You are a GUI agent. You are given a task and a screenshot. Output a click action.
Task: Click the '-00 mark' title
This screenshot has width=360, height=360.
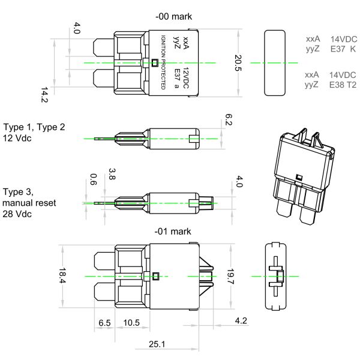point(173,17)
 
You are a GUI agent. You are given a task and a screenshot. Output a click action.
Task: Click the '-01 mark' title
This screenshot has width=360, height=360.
point(173,232)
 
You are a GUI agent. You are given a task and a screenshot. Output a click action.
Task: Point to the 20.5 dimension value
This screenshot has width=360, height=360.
point(238,63)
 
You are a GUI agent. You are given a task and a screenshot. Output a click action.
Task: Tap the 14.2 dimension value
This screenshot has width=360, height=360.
point(44,95)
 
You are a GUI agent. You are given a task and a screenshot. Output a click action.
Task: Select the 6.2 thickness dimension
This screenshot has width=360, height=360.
point(229,119)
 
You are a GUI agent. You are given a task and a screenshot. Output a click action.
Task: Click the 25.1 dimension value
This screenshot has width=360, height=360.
point(157,344)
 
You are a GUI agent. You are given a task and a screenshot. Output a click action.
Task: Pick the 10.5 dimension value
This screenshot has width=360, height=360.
point(131,323)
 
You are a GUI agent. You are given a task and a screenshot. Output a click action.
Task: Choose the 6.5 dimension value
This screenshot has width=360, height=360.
point(104,323)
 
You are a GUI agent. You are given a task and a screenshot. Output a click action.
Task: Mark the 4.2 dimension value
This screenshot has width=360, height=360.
point(241,320)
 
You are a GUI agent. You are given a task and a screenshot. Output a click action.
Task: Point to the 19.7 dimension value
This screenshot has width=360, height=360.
point(230,277)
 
